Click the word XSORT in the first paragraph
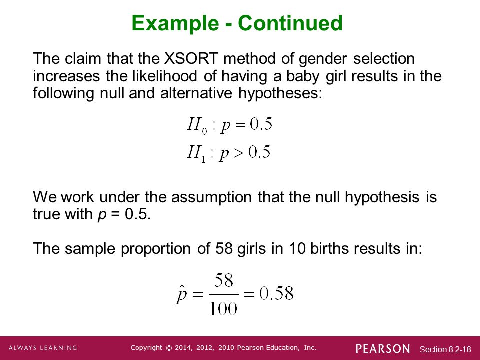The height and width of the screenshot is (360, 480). pyautogui.click(x=191, y=58)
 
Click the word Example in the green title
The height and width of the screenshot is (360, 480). pyautogui.click(x=175, y=23)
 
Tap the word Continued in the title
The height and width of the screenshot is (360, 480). pyautogui.click(x=290, y=23)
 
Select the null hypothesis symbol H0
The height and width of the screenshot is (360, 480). pyautogui.click(x=197, y=125)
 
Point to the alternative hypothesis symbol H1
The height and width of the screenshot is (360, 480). pyautogui.click(x=196, y=153)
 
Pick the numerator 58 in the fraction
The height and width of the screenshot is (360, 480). pyautogui.click(x=224, y=280)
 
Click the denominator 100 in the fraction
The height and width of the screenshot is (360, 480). pyautogui.click(x=223, y=308)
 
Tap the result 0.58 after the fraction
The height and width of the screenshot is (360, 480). pyautogui.click(x=276, y=293)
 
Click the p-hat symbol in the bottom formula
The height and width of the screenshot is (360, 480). pyautogui.click(x=181, y=294)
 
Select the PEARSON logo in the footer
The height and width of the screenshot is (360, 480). pyautogui.click(x=383, y=349)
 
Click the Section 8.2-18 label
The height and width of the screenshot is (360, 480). pyautogui.click(x=445, y=349)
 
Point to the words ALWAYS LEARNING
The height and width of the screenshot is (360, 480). pyautogui.click(x=43, y=348)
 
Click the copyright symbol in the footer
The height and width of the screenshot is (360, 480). pyautogui.click(x=169, y=348)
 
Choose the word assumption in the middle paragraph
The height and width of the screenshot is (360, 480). pyautogui.click(x=211, y=197)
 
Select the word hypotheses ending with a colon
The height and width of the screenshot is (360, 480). pyautogui.click(x=280, y=93)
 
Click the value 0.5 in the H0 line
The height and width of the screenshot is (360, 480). pyautogui.click(x=261, y=124)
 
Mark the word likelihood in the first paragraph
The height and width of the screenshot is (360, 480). pyautogui.click(x=165, y=76)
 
